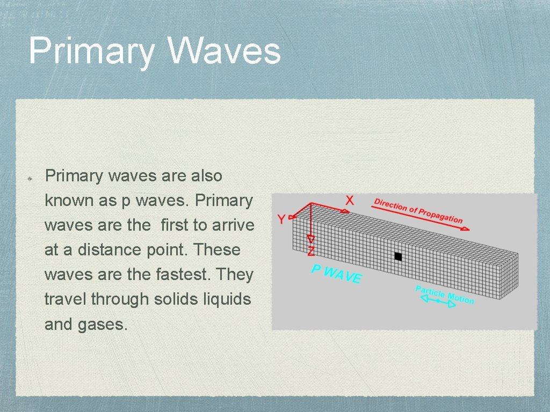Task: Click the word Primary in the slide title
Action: (91, 52)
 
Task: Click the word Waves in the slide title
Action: (224, 51)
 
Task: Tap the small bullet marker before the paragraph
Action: (31, 176)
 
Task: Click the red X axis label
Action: (350, 200)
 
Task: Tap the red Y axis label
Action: (281, 219)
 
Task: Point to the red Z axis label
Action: (311, 251)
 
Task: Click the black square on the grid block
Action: (398, 256)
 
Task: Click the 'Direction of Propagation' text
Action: (418, 210)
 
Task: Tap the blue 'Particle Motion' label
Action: (444, 295)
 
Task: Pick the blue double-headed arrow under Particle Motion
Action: (437, 302)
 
